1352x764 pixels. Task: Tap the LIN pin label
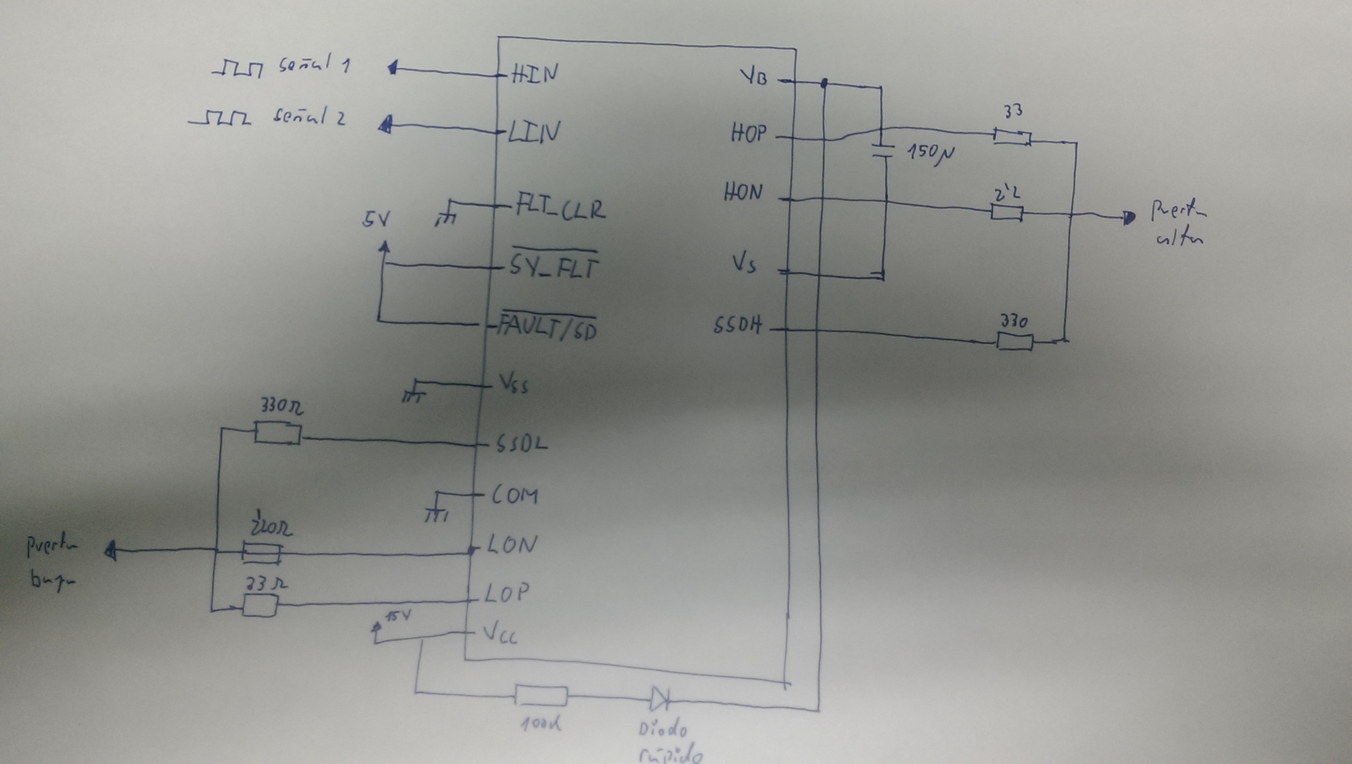click(532, 131)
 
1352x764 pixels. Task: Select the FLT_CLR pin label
click(560, 210)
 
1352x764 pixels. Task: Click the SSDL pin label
click(522, 444)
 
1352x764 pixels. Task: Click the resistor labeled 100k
click(541, 696)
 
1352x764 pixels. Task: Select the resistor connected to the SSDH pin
click(1015, 342)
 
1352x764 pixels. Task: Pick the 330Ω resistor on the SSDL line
click(278, 434)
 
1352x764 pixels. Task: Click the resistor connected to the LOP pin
click(260, 607)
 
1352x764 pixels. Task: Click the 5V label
click(375, 219)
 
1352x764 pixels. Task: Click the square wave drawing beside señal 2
click(220, 118)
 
